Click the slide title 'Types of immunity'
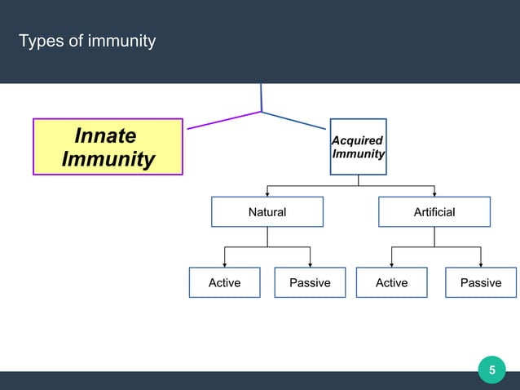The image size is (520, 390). tap(87, 41)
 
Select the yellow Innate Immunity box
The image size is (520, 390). tap(108, 147)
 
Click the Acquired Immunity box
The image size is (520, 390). tap(358, 147)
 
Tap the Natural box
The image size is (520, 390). tap(267, 212)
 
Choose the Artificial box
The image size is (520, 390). tap(434, 212)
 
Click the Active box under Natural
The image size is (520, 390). tap(224, 282)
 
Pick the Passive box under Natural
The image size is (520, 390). tap(310, 282)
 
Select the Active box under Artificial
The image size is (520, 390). tap(391, 282)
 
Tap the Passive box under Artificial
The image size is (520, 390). tap(481, 282)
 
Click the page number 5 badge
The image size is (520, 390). tap(491, 371)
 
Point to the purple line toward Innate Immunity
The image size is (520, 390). tap(224, 121)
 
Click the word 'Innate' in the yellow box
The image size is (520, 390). tap(105, 135)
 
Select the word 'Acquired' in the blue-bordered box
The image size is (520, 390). tap(358, 141)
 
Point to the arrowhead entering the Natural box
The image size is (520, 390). tap(267, 193)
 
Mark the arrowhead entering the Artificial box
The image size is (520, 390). tap(434, 193)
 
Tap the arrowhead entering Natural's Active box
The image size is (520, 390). tap(224, 264)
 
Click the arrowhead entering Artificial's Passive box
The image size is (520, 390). tap(481, 264)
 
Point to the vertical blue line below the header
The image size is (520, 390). tap(261, 96)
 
